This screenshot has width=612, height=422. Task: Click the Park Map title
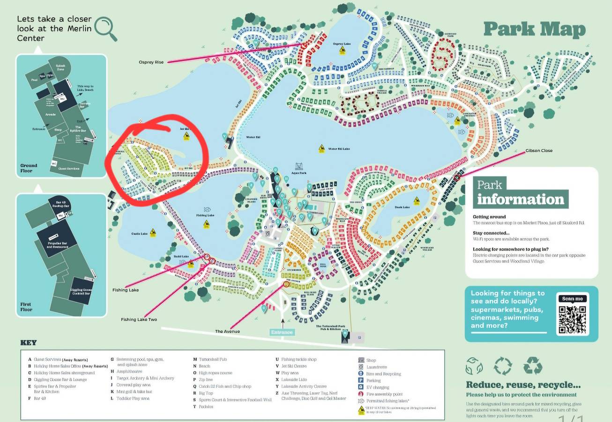point(534,29)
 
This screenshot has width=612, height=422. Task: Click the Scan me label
point(572,299)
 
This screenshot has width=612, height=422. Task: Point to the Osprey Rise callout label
point(151,62)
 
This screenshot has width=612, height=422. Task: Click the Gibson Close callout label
point(539,151)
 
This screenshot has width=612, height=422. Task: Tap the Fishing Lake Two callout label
point(139,320)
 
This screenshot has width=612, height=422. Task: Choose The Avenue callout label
point(227,332)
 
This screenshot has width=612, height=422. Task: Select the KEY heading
point(28,343)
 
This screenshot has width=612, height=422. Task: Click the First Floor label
point(26,307)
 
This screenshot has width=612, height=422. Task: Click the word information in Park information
point(521,199)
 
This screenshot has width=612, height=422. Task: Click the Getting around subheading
point(489,217)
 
